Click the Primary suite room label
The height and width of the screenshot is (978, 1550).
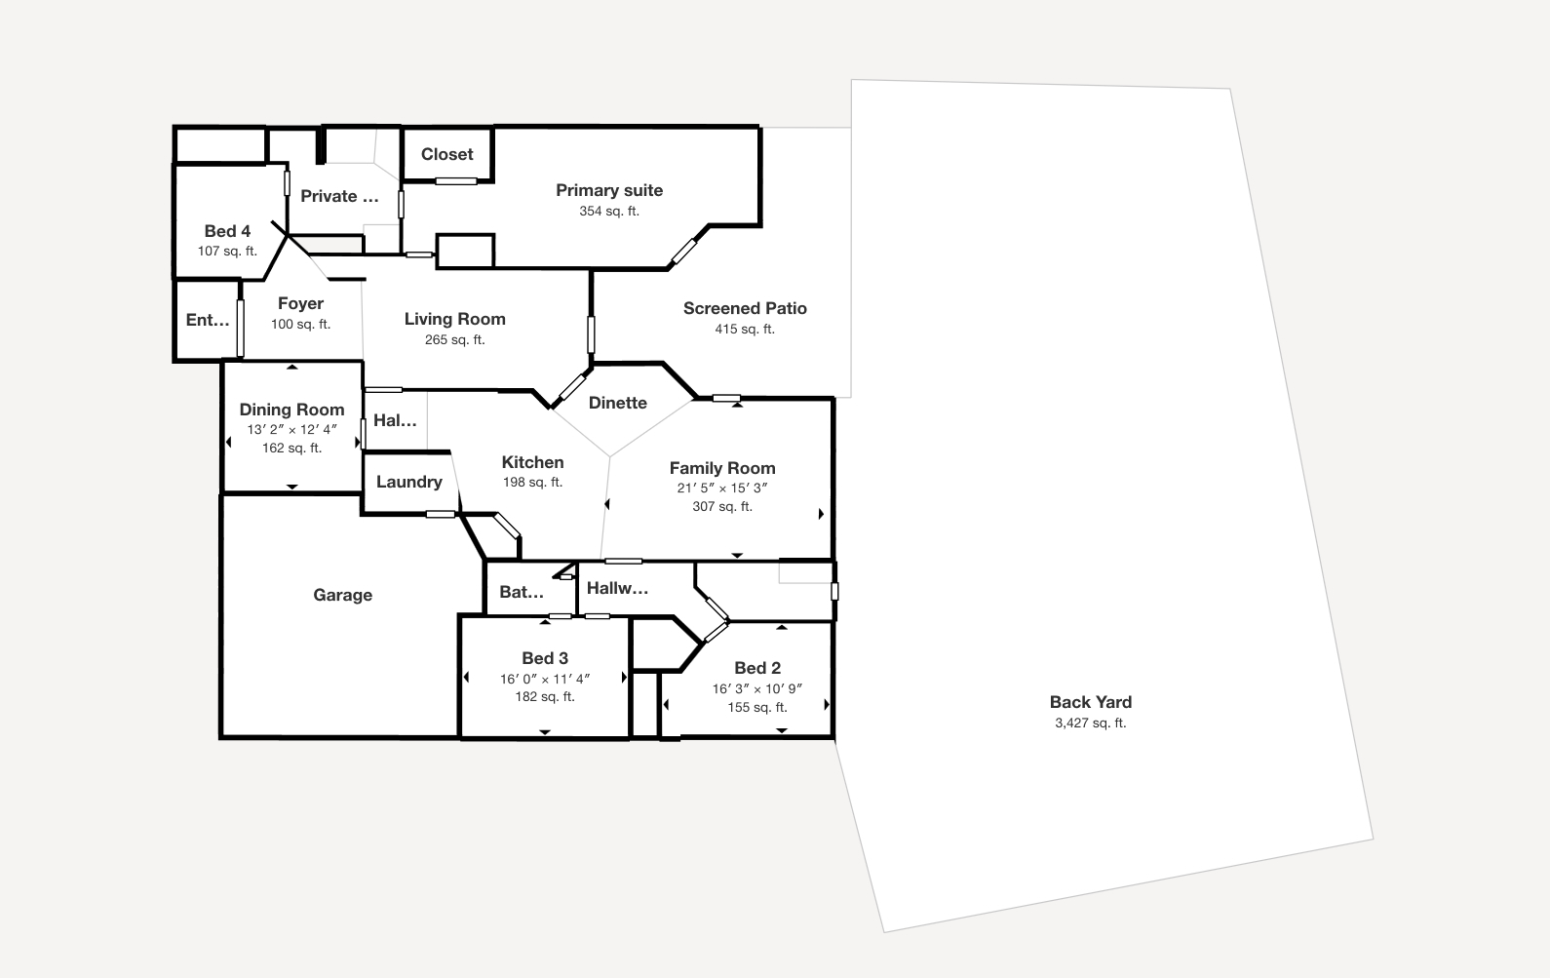[x=609, y=190]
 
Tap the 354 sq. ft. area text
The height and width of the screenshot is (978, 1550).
[x=609, y=211]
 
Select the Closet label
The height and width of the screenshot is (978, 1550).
[x=446, y=154]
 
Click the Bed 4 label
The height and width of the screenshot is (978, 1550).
[x=227, y=231]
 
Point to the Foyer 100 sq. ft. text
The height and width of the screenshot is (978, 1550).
[x=300, y=324]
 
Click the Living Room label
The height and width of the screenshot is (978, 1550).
[x=454, y=319]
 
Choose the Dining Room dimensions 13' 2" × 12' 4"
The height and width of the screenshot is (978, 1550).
[x=291, y=429]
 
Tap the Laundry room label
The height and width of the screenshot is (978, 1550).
[x=408, y=482]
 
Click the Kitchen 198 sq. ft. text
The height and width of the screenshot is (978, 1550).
[x=532, y=482]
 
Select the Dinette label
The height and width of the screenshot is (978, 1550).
[x=617, y=403]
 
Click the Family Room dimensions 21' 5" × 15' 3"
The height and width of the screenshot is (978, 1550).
[x=721, y=488]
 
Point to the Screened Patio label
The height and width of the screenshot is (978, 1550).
[x=745, y=308]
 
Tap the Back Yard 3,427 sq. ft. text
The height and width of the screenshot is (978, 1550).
[x=1090, y=723]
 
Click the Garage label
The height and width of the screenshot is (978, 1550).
[x=342, y=595]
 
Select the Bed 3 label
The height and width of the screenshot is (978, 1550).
[x=544, y=658]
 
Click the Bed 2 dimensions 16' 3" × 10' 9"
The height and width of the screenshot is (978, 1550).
[x=756, y=688]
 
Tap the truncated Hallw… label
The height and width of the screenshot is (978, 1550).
[x=617, y=588]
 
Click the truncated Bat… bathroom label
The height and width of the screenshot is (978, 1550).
[x=521, y=592]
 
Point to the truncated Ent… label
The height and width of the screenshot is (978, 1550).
[x=207, y=320]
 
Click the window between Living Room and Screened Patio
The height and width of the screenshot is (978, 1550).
[x=591, y=334]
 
